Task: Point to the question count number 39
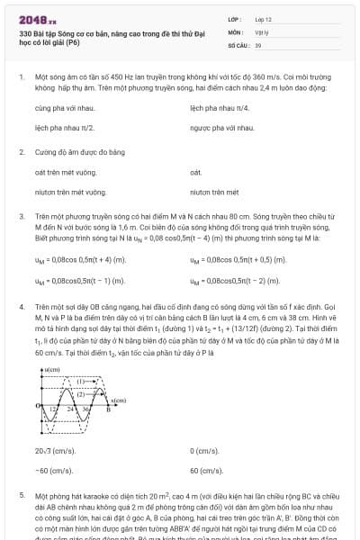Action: (x=258, y=43)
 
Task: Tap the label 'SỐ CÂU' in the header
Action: (x=238, y=43)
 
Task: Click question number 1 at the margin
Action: (x=21, y=78)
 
